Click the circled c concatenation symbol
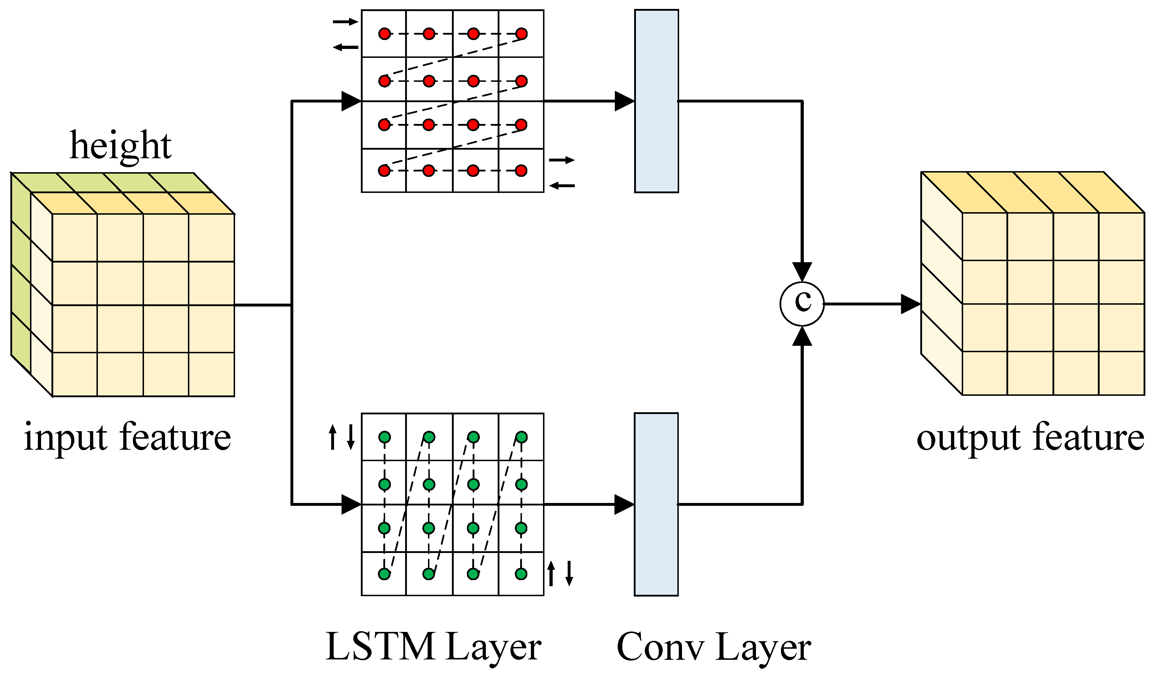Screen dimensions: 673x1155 pyautogui.click(x=802, y=304)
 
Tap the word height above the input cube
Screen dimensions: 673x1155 pyautogui.click(x=120, y=146)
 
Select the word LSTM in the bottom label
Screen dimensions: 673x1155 pyautogui.click(x=380, y=647)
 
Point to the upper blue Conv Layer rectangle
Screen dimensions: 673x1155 pyautogui.click(x=656, y=101)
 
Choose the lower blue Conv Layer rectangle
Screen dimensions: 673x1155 pyautogui.click(x=656, y=504)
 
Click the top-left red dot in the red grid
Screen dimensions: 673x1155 pyautogui.click(x=384, y=34)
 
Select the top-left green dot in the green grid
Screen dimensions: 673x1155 pyautogui.click(x=384, y=437)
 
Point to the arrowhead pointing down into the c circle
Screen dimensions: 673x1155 pyautogui.click(x=802, y=271)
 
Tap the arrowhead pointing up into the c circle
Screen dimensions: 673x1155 pyautogui.click(x=802, y=336)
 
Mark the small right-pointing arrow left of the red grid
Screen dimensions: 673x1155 pyautogui.click(x=345, y=21)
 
